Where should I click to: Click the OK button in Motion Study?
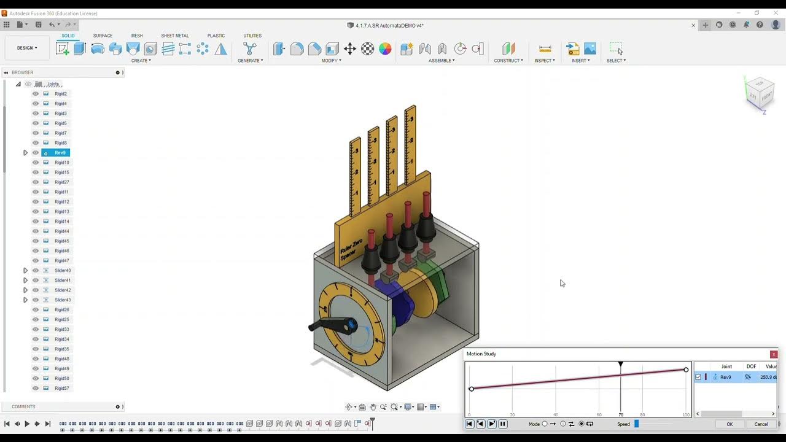click(x=730, y=424)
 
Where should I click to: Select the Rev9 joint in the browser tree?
click(x=60, y=153)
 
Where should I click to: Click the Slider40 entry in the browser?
click(x=63, y=271)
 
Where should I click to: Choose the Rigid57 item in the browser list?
click(x=61, y=389)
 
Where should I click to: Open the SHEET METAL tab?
click(x=175, y=36)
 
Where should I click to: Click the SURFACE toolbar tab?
click(x=103, y=36)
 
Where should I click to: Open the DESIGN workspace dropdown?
click(x=27, y=48)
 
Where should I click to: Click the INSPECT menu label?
click(x=544, y=61)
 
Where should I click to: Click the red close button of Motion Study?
click(x=774, y=354)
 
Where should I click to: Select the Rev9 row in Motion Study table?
click(x=726, y=377)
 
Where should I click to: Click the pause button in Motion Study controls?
click(x=503, y=424)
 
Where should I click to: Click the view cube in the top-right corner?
click(x=760, y=94)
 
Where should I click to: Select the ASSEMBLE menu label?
click(x=441, y=61)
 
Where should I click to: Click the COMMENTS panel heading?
click(x=23, y=407)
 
